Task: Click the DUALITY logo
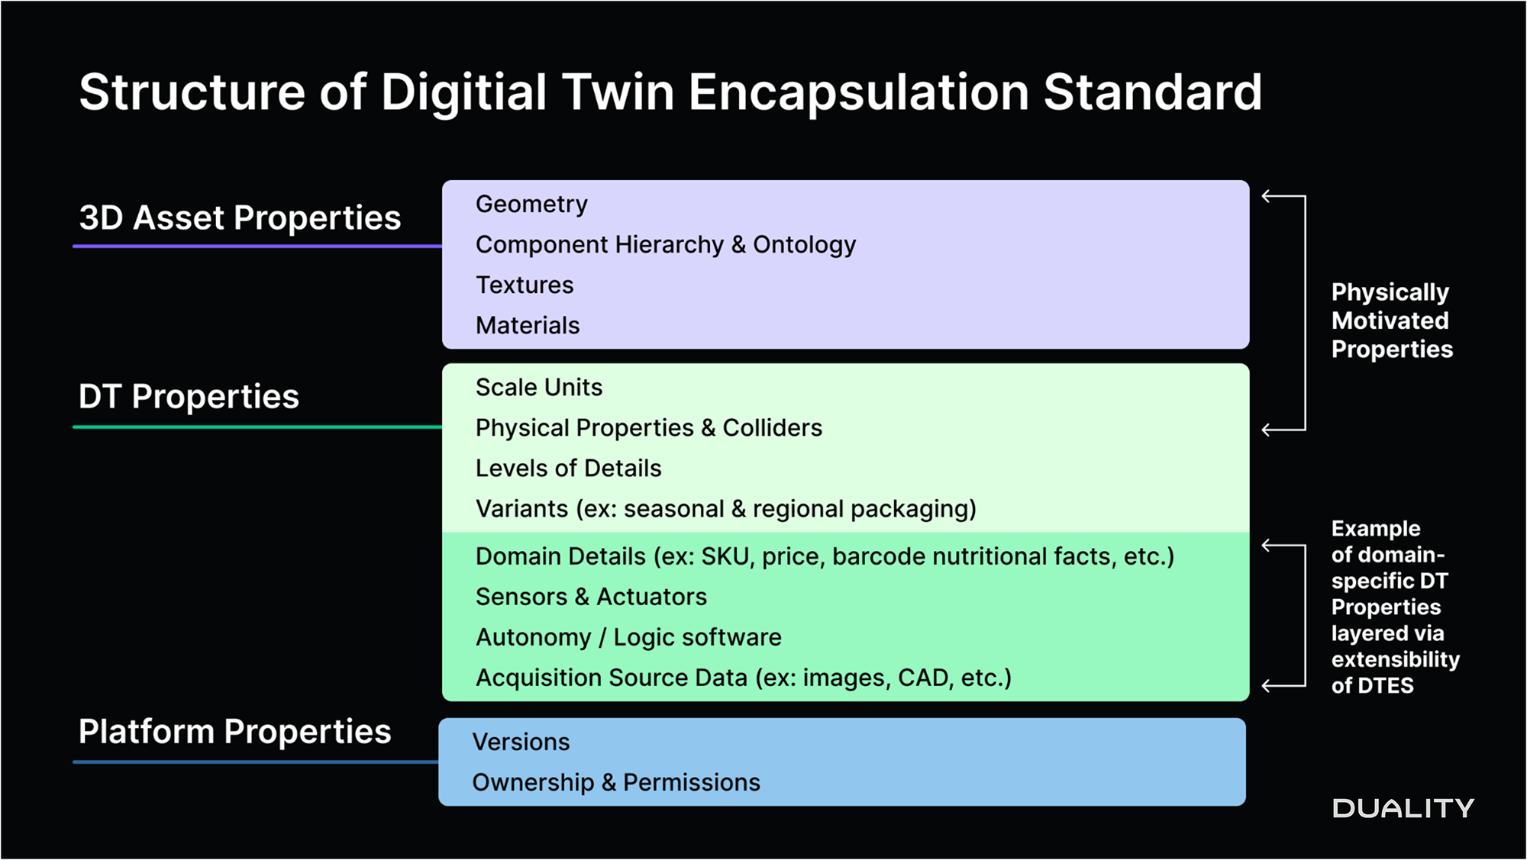click(1403, 808)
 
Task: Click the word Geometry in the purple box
click(531, 204)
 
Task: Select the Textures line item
click(525, 285)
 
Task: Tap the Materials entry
click(528, 325)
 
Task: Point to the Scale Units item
click(539, 387)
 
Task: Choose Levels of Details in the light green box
click(568, 468)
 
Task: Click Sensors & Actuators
click(591, 596)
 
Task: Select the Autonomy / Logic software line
click(628, 637)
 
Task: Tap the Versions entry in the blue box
click(521, 742)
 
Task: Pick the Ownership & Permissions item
click(616, 782)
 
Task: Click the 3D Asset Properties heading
click(240, 217)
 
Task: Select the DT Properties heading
click(189, 396)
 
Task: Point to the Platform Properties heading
click(234, 731)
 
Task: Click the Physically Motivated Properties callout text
click(1391, 320)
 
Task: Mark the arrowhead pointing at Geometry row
click(1267, 197)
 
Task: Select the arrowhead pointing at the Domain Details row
click(1267, 546)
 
